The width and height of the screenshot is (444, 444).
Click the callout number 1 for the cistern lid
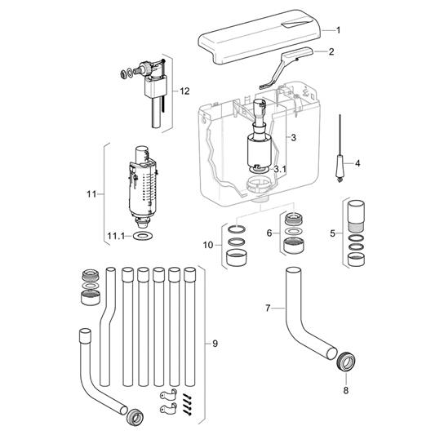click(338, 30)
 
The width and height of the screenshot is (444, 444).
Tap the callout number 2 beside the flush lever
click(331, 51)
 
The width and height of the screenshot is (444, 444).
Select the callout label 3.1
click(280, 169)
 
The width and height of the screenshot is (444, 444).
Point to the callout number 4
click(357, 163)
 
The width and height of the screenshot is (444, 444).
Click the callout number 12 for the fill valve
click(184, 91)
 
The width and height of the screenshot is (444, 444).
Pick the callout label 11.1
click(116, 236)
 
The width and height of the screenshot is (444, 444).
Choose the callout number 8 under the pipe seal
click(346, 390)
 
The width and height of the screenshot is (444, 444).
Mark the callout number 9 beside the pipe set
click(215, 344)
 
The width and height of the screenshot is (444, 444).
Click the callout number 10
click(208, 245)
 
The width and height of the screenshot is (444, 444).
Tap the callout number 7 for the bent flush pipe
click(268, 308)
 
